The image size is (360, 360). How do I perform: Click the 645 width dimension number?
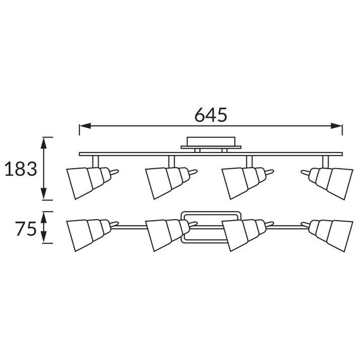click(x=211, y=115)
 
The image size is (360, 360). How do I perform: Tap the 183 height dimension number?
click(x=21, y=169)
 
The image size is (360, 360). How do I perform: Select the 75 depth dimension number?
click(x=26, y=229)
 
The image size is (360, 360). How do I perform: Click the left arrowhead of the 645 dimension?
click(x=85, y=126)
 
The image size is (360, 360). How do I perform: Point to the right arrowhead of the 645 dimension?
click(x=337, y=126)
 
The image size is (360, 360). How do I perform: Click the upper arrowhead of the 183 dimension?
click(x=44, y=143)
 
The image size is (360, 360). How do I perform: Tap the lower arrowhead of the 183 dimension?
click(x=44, y=194)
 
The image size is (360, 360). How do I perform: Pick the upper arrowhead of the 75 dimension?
click(x=44, y=217)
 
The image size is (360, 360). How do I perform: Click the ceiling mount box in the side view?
click(x=211, y=142)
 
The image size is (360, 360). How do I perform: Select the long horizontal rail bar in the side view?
click(x=211, y=154)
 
